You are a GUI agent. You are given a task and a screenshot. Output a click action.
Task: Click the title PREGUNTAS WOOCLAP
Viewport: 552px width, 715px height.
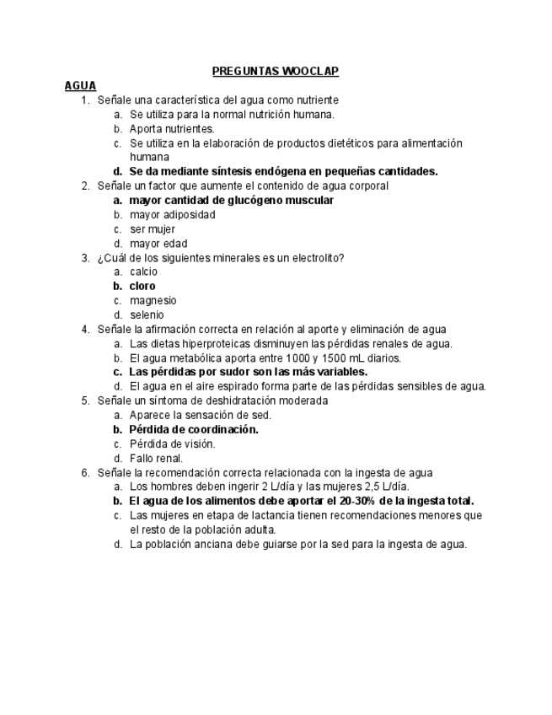(x=275, y=72)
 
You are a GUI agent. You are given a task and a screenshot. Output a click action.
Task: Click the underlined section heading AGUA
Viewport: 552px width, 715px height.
(x=80, y=85)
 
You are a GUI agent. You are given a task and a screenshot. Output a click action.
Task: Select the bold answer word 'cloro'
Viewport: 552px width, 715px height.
(x=142, y=287)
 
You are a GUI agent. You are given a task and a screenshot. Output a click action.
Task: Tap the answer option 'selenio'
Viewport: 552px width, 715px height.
(x=147, y=315)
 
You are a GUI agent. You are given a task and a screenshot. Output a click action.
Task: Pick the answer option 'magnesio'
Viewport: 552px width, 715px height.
(x=153, y=301)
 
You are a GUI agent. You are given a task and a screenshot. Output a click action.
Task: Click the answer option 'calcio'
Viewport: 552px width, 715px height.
(x=143, y=272)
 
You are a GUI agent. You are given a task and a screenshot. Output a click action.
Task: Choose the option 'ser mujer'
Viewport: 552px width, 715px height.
(x=153, y=229)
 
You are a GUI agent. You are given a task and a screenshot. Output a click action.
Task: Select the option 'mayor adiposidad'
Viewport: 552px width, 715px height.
(x=172, y=215)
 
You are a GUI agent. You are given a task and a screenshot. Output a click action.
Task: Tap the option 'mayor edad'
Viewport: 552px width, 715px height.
(x=158, y=244)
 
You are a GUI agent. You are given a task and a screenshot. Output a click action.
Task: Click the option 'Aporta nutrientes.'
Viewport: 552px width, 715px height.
(x=172, y=129)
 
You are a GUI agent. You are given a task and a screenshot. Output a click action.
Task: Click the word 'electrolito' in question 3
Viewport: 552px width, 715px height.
(x=316, y=258)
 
